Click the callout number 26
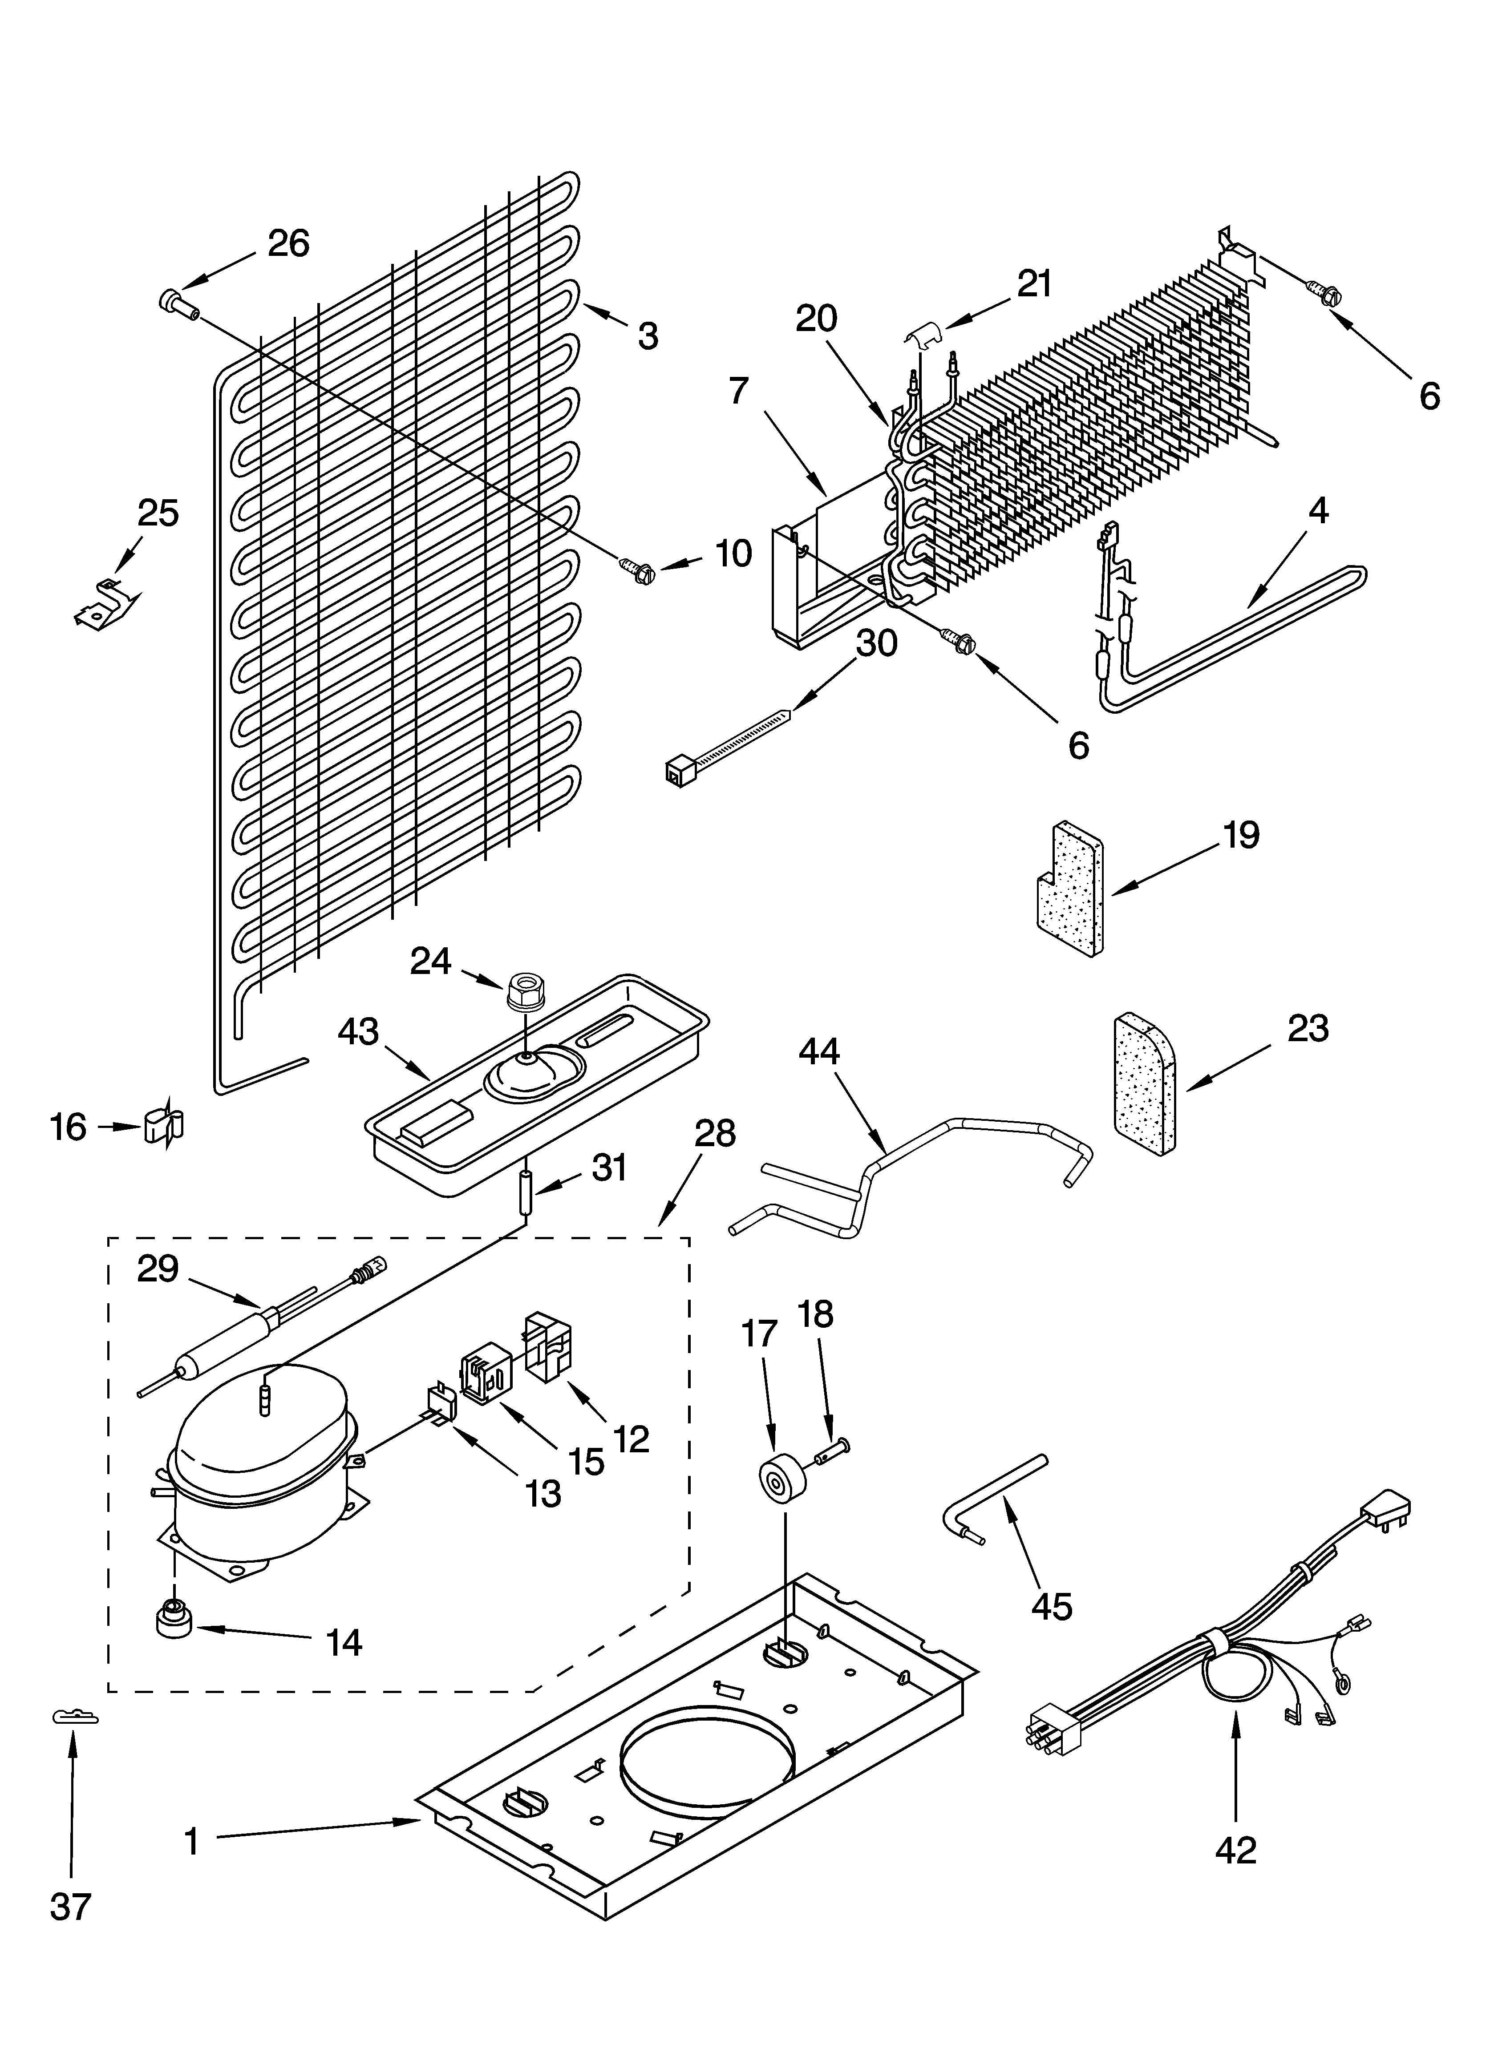[288, 243]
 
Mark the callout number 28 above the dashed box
[715, 1134]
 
